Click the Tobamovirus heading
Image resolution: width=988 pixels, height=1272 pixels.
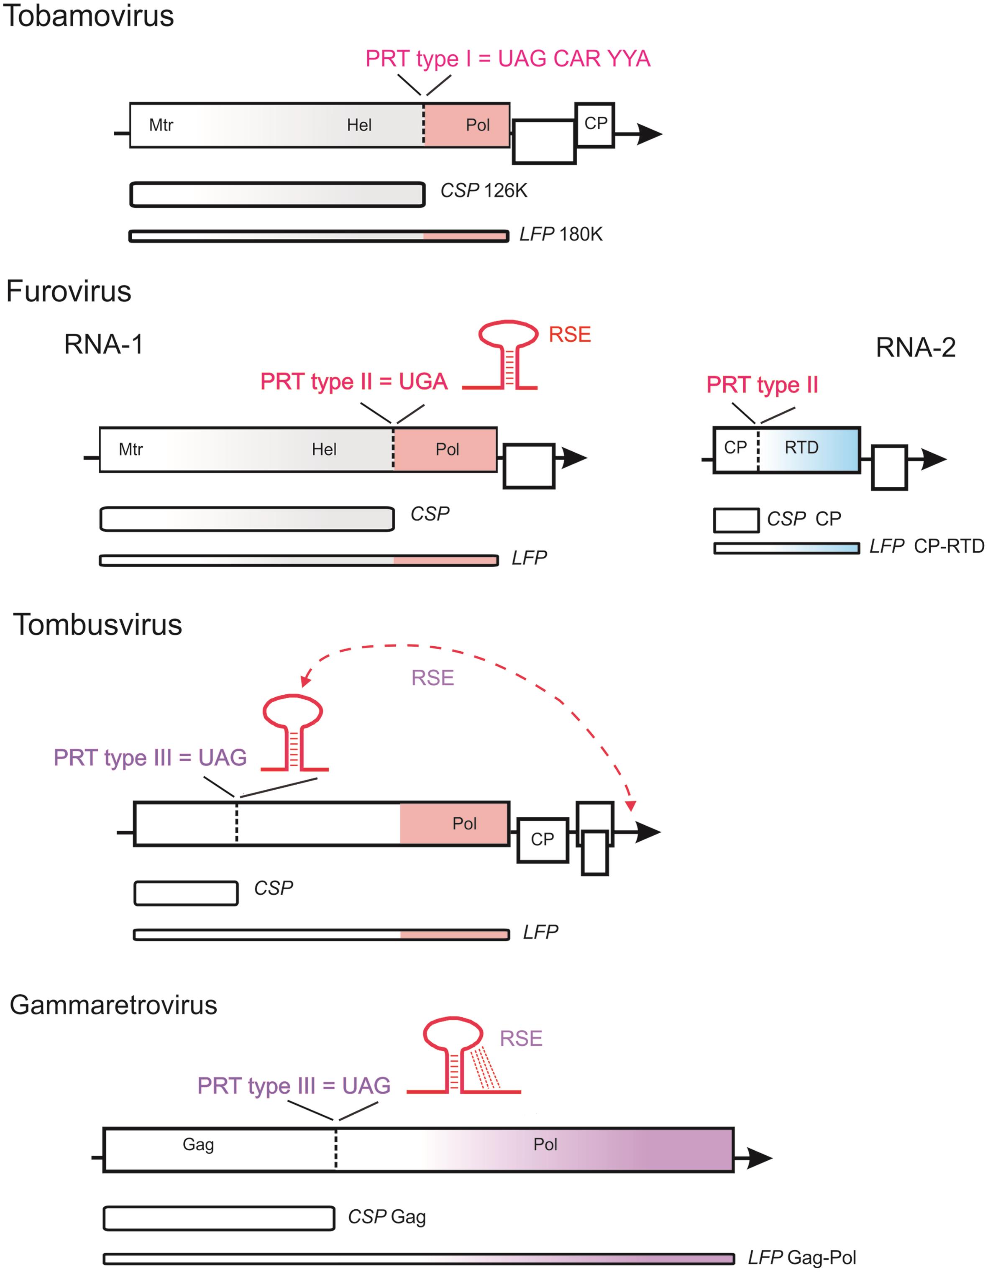click(x=89, y=16)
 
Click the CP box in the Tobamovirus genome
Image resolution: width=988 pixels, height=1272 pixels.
click(x=595, y=124)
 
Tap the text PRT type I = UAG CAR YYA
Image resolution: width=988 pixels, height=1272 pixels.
click(x=507, y=59)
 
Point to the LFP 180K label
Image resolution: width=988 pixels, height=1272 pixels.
click(x=561, y=235)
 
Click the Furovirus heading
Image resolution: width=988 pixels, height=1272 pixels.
click(x=69, y=291)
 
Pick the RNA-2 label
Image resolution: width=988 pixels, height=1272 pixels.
click(x=915, y=348)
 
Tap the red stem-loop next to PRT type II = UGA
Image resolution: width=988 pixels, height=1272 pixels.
click(x=507, y=355)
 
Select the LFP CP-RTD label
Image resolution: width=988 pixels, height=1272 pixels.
click(x=926, y=546)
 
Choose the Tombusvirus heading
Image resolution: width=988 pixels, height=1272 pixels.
click(x=97, y=625)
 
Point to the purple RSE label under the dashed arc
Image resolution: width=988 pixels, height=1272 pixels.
click(x=432, y=678)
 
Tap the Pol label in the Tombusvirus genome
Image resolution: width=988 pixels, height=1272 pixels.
click(x=464, y=824)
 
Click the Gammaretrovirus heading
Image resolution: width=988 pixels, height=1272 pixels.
click(x=114, y=1005)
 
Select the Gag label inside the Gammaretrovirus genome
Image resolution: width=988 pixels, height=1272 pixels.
click(x=198, y=1144)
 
